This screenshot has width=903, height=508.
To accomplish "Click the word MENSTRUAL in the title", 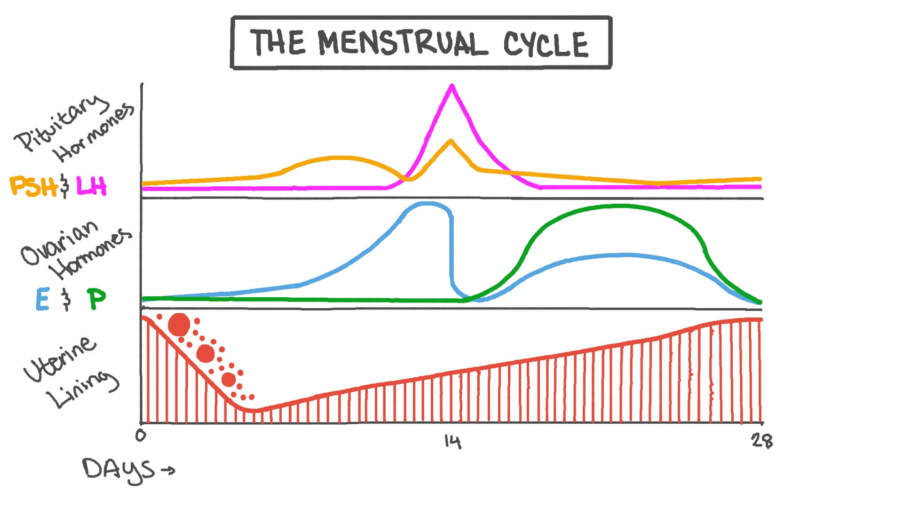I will (x=402, y=43).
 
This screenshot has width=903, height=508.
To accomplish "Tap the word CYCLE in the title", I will (x=546, y=45).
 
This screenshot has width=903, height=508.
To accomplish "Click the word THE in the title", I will (x=277, y=42).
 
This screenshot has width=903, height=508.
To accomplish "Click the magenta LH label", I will (x=92, y=186).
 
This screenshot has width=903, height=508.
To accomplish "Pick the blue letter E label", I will (x=42, y=299).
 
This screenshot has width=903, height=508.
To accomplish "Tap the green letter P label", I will (x=97, y=299).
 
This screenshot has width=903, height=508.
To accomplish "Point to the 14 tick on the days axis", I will (x=452, y=441).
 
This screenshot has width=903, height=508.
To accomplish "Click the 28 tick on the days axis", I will (x=761, y=441).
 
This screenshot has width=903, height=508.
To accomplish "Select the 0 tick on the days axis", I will (x=141, y=436).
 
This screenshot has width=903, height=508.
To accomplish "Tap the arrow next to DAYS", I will (x=167, y=470).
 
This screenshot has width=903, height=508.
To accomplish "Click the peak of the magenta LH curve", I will (x=452, y=86).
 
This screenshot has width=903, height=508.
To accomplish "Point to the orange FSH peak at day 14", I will (x=451, y=141).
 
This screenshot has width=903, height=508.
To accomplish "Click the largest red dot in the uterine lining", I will (x=179, y=324).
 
